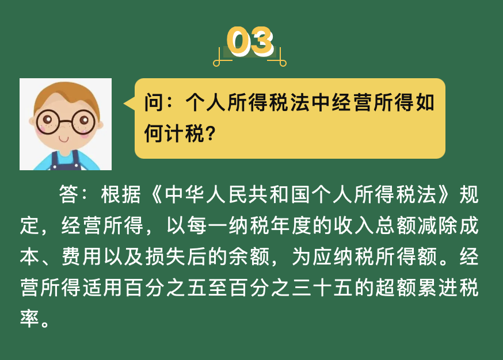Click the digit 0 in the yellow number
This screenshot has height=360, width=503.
(239, 41)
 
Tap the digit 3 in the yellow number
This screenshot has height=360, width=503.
(261, 41)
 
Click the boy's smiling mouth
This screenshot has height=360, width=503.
(63, 139)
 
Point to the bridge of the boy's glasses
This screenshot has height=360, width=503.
(66, 121)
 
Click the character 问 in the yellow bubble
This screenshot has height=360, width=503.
(154, 102)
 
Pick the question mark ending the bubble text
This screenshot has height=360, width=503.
(211, 133)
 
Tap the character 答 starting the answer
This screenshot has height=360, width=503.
(68, 194)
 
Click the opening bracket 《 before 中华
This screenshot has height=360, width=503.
(156, 194)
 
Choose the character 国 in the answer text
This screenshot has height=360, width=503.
(301, 194)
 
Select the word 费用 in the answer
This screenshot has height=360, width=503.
(81, 256)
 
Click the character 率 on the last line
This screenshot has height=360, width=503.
(29, 318)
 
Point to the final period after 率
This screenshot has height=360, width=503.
(45, 323)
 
